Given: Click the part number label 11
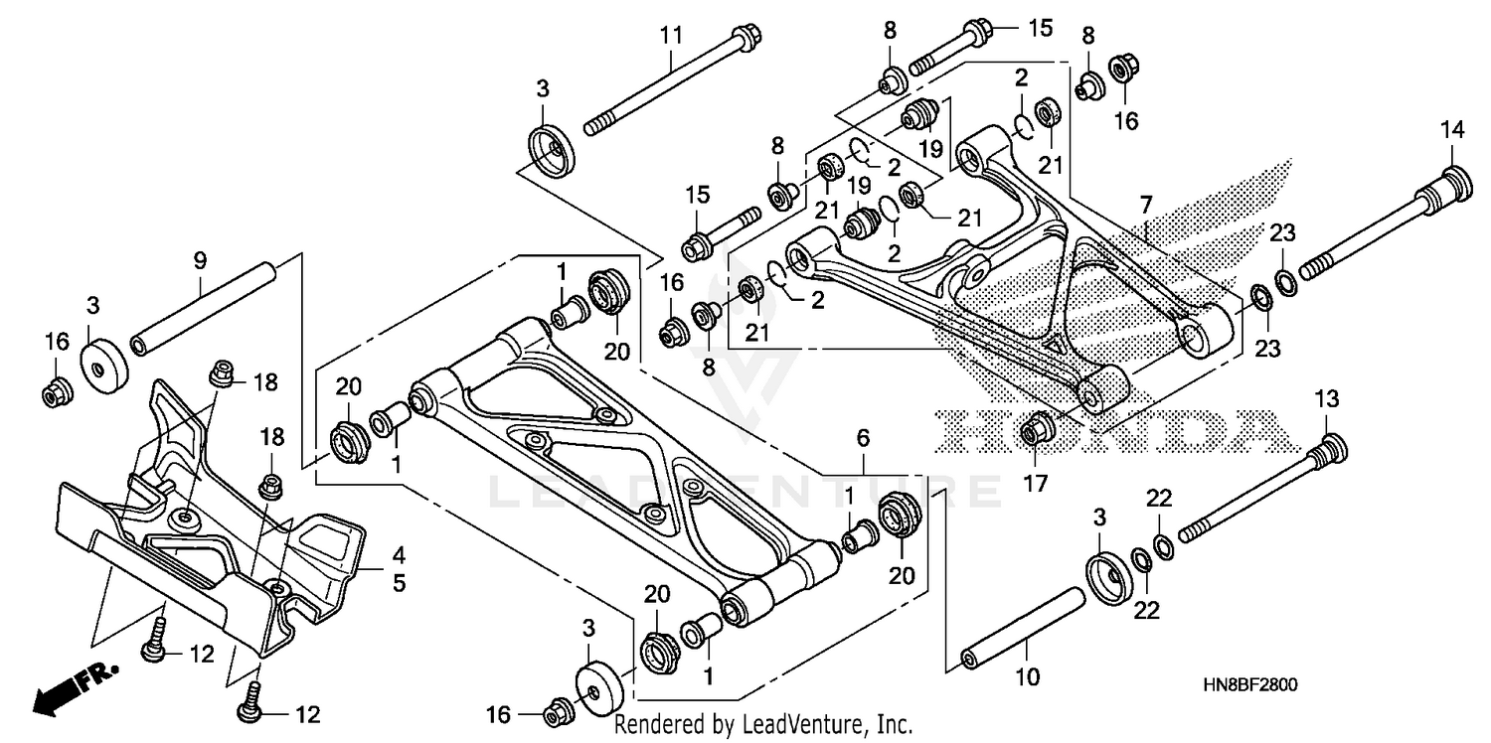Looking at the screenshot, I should point(672,36).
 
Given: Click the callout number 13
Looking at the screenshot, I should point(1328,398).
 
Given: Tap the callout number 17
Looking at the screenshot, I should point(1034,485).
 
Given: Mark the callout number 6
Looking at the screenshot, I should point(863,437).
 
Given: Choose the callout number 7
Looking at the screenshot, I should point(1146,207).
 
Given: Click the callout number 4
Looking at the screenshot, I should point(398,554).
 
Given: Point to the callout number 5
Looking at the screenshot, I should point(398,583).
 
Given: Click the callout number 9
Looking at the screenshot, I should point(200,261).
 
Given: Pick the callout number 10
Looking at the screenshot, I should point(1027,677).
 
